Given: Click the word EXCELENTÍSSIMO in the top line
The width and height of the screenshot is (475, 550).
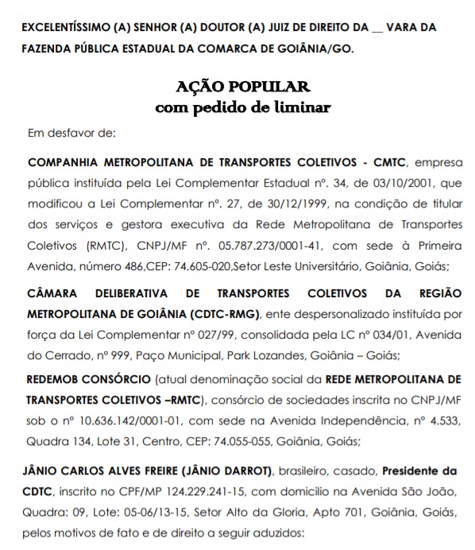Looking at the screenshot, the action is (66, 27).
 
